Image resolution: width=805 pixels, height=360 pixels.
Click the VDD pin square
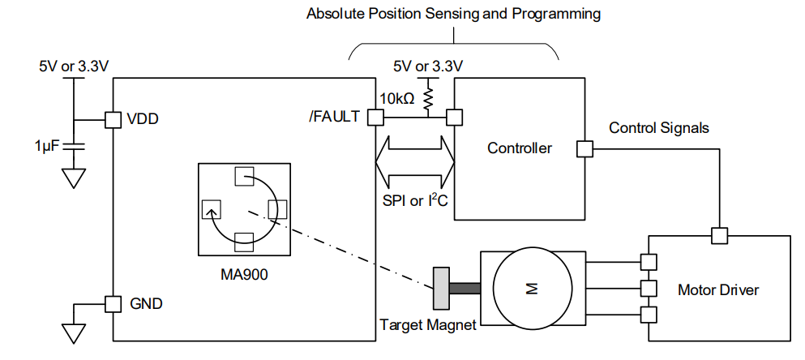pyautogui.click(x=113, y=119)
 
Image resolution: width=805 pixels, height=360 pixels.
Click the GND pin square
pyautogui.click(x=113, y=304)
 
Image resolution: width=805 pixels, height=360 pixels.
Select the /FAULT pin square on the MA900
pyautogui.click(x=375, y=118)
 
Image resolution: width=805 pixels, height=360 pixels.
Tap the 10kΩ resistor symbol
pyautogui.click(x=427, y=99)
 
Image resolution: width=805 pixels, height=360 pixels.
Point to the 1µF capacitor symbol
pyautogui.click(x=74, y=146)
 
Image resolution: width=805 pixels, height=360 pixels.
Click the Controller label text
pyautogui.click(x=519, y=148)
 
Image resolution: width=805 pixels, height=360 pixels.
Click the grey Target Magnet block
pyautogui.click(x=442, y=288)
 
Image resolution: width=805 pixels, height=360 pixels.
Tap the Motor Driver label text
pyautogui.click(x=718, y=289)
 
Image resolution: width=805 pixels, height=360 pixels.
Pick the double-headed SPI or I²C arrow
pyautogui.click(x=414, y=160)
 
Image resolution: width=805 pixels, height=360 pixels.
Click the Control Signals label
pyautogui.click(x=659, y=128)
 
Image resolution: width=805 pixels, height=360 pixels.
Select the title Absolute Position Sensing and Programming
pyautogui.click(x=454, y=14)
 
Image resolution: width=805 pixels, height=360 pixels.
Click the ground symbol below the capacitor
pyautogui.click(x=74, y=177)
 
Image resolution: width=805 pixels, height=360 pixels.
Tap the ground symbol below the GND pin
pyautogui.click(x=74, y=332)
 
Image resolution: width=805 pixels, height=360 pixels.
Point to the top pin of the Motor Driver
pyautogui.click(x=718, y=235)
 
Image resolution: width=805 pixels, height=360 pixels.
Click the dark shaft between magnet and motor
pyautogui.click(x=465, y=288)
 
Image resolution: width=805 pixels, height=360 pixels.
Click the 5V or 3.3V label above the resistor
pyautogui.click(x=427, y=66)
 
